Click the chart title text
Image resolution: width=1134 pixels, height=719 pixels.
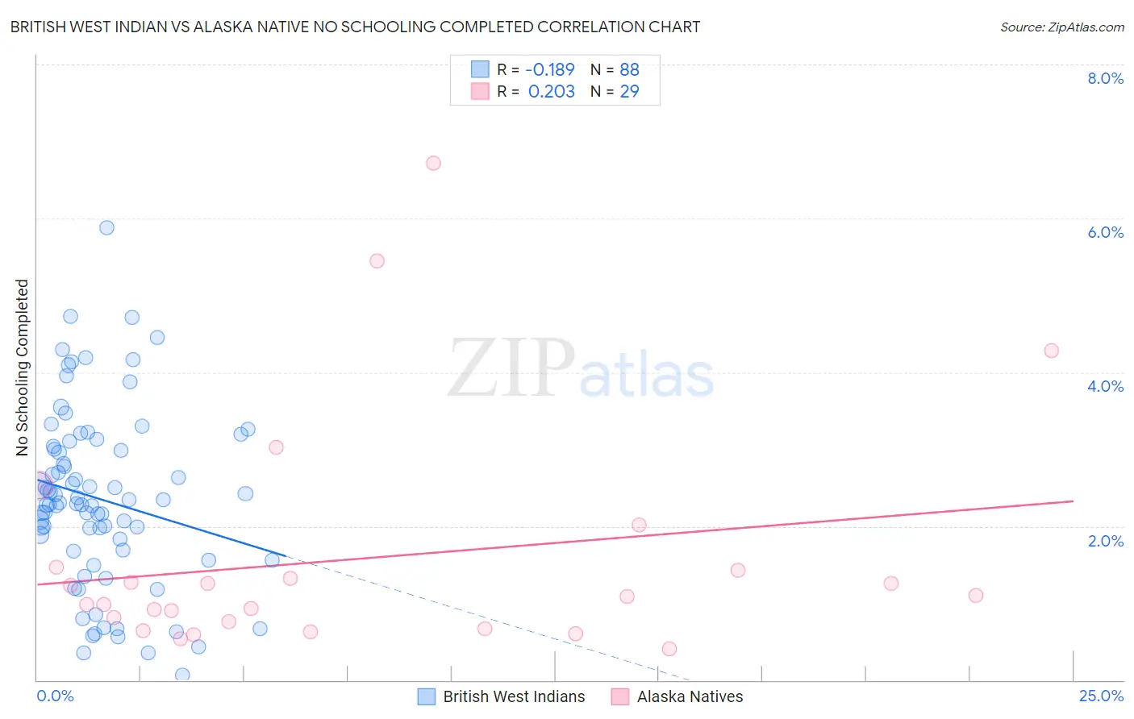click(x=355, y=27)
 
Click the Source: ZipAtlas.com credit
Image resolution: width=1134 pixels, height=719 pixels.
click(x=1061, y=27)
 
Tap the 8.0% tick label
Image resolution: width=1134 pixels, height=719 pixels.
click(x=1105, y=78)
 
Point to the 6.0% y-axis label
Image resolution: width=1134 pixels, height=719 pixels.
click(x=1105, y=232)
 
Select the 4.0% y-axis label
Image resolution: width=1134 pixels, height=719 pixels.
click(x=1105, y=386)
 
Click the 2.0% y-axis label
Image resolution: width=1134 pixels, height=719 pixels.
click(x=1105, y=541)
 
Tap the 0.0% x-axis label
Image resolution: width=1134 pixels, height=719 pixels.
click(x=55, y=696)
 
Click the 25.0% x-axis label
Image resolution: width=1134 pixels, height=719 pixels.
click(x=1101, y=696)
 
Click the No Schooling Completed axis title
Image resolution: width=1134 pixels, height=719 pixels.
click(x=23, y=368)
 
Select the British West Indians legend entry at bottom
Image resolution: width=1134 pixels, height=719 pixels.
click(x=514, y=696)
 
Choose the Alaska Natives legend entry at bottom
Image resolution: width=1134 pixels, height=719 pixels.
click(x=690, y=696)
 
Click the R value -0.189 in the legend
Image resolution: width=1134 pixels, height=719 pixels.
click(x=551, y=69)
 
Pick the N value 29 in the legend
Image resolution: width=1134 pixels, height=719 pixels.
click(x=629, y=92)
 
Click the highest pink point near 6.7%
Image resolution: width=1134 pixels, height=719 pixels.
click(x=433, y=163)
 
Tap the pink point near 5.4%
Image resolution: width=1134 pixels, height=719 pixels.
click(x=377, y=260)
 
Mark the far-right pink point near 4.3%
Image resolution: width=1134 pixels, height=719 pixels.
click(x=1051, y=351)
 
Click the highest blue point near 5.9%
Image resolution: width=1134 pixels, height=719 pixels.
click(x=106, y=227)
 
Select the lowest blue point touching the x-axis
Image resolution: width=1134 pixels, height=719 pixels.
click(x=182, y=675)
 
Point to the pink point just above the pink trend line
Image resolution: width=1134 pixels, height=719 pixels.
click(x=639, y=525)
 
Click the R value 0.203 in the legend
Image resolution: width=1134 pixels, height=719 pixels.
click(x=551, y=92)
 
